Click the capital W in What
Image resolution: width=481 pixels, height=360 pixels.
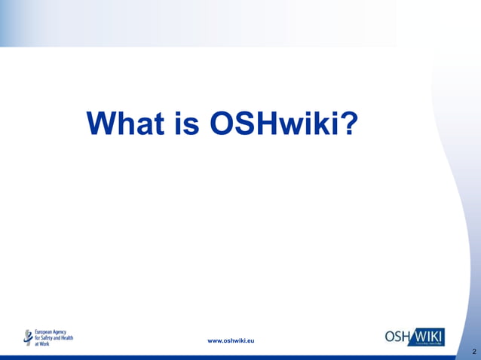click(103, 124)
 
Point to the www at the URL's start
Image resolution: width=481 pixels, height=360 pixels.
click(215, 341)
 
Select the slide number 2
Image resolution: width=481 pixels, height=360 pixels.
click(473, 352)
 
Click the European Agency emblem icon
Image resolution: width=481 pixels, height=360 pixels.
click(29, 337)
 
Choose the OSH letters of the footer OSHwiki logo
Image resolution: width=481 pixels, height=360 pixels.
click(397, 337)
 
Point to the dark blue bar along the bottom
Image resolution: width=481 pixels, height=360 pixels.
click(226, 357)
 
